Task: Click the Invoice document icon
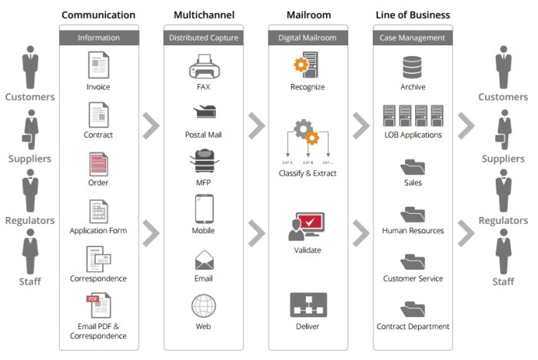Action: coord(98,65)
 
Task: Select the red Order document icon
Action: coord(98,164)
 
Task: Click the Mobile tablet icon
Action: coord(204,208)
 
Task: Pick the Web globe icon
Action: coord(204,305)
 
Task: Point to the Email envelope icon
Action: coord(204,259)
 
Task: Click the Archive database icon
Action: coord(413,67)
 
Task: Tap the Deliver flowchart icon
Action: coord(307,305)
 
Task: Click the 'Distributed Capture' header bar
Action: coord(204,37)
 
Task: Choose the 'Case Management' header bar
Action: coord(413,37)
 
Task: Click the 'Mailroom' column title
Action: coord(307,15)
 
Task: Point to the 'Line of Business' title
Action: coord(413,15)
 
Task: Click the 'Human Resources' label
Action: coord(413,231)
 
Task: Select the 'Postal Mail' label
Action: coord(204,135)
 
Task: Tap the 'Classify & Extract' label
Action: coord(307,173)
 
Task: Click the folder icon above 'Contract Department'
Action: coord(413,310)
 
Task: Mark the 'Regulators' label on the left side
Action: coord(30,221)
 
